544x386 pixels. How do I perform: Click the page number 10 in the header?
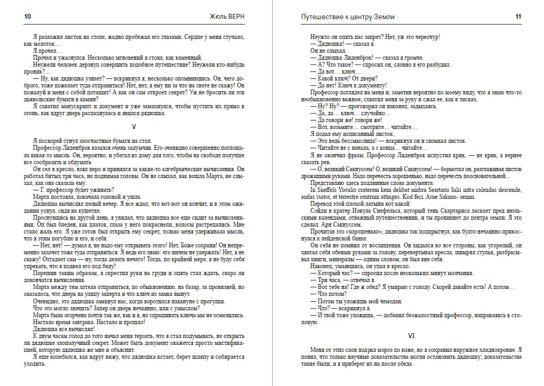[28, 17]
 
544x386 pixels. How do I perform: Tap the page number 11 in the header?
[518, 17]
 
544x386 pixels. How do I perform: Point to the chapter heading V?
[134, 126]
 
